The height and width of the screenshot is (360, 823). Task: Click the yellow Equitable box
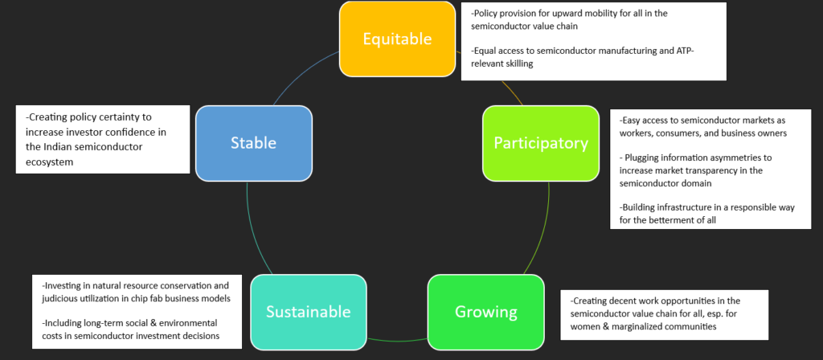point(397,39)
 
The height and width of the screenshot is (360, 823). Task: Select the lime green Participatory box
point(540,143)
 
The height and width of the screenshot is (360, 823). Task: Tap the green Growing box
point(485,311)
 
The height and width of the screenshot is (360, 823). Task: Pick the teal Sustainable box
point(309,311)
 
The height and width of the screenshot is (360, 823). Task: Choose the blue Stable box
point(253,143)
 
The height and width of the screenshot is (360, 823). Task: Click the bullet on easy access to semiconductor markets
point(702,126)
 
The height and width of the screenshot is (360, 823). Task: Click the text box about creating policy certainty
point(101,139)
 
